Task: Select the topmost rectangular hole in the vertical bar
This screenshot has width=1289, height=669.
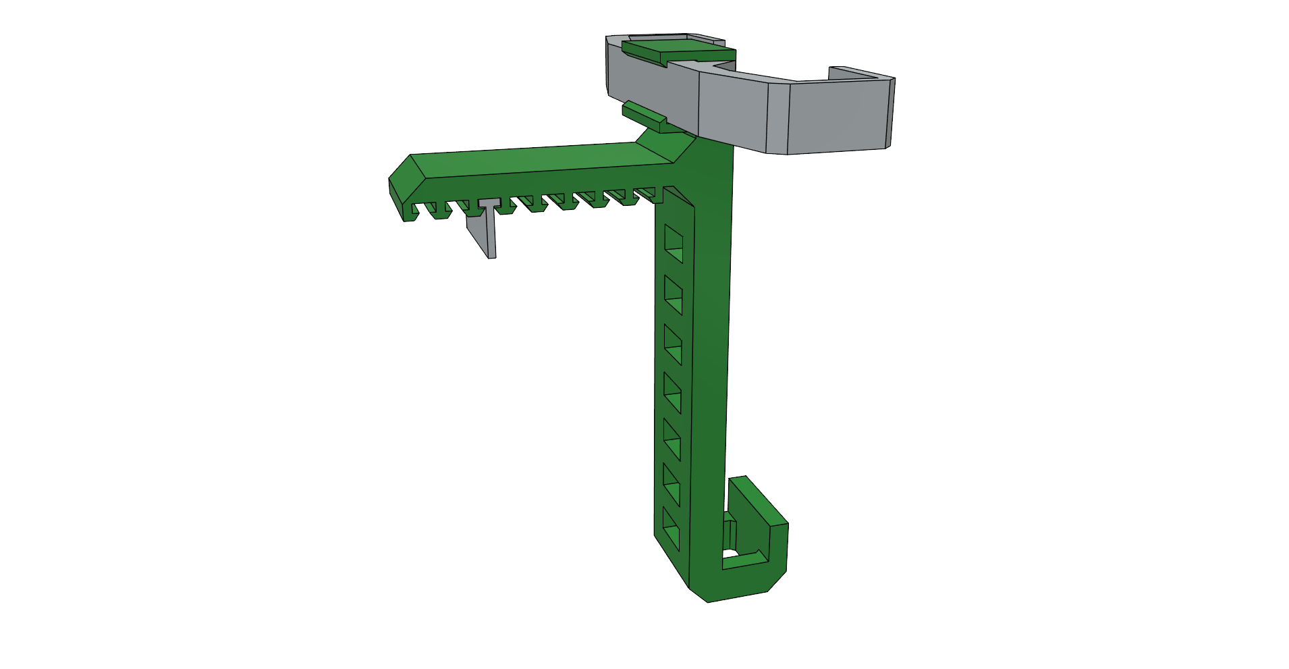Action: pos(674,244)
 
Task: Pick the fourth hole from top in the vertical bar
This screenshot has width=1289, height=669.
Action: pos(672,393)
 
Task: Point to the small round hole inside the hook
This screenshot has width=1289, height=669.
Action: pos(730,554)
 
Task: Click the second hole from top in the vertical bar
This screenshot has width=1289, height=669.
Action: pos(673,295)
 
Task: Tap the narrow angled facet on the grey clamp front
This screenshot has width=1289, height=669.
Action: pos(777,119)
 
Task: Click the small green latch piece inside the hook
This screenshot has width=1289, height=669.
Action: pos(730,533)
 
